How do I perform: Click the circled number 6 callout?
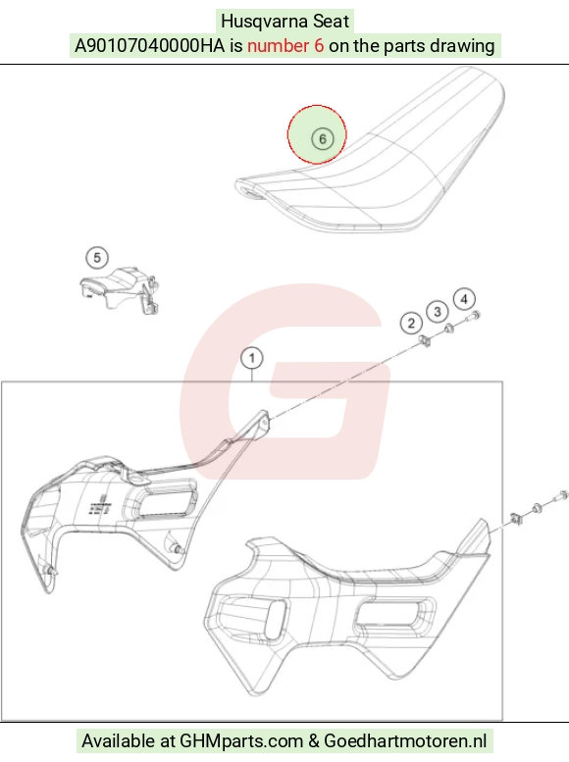(322, 139)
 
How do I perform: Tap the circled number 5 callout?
(97, 258)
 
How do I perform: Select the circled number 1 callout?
(252, 359)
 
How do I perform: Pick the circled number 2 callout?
(411, 324)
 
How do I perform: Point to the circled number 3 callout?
(438, 312)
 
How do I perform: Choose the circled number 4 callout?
(464, 299)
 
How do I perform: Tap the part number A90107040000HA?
(150, 46)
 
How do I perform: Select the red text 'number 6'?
(285, 46)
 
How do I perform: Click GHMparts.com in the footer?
(241, 741)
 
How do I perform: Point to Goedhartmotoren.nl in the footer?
(405, 741)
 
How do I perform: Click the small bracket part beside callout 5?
(120, 289)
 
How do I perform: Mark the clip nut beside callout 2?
(426, 341)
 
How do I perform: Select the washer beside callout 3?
(449, 329)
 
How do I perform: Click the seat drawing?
(370, 150)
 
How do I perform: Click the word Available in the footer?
(116, 741)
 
